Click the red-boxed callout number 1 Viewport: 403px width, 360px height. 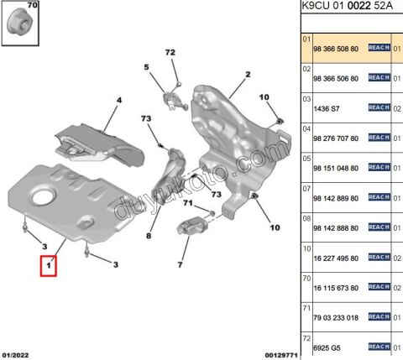49,267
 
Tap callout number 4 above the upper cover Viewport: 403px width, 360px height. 118,101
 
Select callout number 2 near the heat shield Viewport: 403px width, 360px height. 248,75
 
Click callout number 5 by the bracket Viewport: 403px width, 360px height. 145,66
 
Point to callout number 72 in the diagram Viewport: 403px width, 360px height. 170,53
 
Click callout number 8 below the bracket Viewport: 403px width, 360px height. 148,236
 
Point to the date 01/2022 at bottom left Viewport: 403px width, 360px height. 17,355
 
